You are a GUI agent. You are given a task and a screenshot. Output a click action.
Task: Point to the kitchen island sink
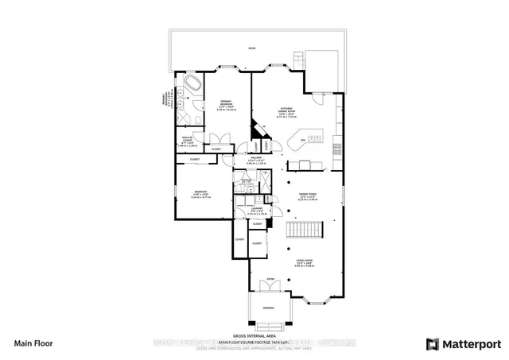(315, 140)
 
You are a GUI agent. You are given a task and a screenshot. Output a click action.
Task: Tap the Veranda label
(270, 305)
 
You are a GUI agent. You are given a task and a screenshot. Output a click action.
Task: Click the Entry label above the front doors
(270, 280)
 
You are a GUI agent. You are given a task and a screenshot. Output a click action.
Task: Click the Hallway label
(255, 159)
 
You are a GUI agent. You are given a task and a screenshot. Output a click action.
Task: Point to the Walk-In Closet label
(188, 141)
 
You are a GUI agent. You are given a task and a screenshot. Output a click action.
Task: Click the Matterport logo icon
(433, 344)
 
